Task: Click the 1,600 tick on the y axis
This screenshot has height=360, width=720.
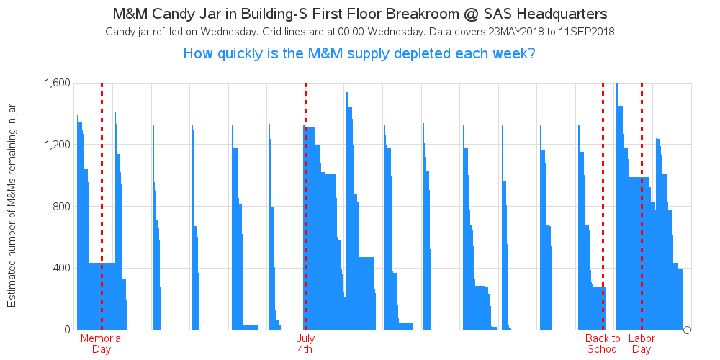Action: click(x=57, y=83)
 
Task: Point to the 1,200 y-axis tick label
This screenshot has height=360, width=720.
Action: click(x=57, y=145)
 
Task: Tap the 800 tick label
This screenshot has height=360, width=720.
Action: click(x=60, y=206)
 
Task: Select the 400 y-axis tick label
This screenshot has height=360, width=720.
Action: click(x=60, y=268)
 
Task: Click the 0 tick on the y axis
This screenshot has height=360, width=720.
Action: click(x=66, y=330)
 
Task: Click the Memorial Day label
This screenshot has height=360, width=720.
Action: click(x=102, y=344)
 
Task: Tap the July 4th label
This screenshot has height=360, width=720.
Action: click(x=305, y=344)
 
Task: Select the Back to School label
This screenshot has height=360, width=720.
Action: click(x=603, y=344)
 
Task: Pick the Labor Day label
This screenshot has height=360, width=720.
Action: click(x=642, y=344)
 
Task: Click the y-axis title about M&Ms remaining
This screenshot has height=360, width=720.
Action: click(x=12, y=206)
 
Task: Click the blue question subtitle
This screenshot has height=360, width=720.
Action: click(x=359, y=54)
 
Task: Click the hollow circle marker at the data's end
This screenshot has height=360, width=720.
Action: click(x=688, y=330)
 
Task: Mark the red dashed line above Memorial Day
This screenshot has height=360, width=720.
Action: click(x=102, y=206)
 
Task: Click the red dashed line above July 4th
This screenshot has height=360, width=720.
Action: click(x=305, y=206)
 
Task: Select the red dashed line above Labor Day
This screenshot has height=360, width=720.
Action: click(x=642, y=206)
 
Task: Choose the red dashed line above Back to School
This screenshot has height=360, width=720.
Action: click(x=603, y=206)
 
